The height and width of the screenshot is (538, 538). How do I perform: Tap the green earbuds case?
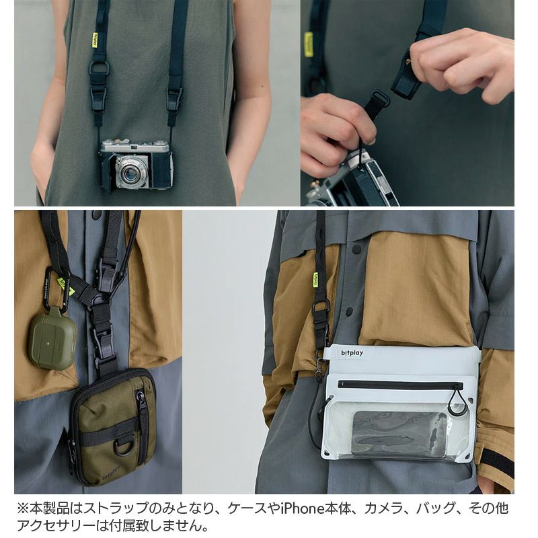click(51, 342)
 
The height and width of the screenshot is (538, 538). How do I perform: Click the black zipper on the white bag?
click(397, 385)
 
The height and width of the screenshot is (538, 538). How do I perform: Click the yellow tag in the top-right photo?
click(309, 44)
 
